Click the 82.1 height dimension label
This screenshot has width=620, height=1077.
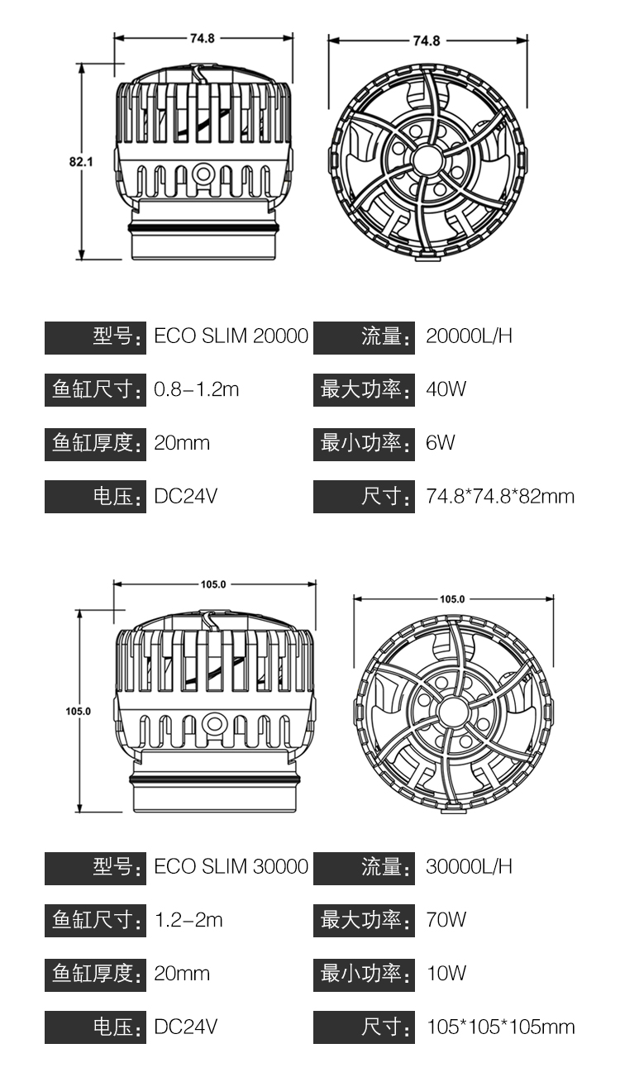(x=80, y=161)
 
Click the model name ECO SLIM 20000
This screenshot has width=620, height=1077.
(x=231, y=336)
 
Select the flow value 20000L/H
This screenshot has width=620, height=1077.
(x=469, y=336)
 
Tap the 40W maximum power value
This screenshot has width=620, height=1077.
(x=446, y=389)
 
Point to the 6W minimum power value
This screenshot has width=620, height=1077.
(x=440, y=443)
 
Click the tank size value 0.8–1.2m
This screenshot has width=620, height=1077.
(x=196, y=389)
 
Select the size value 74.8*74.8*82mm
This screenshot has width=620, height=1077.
(x=500, y=497)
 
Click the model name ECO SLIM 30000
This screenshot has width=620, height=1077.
(x=231, y=866)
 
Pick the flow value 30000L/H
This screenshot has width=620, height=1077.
(x=469, y=866)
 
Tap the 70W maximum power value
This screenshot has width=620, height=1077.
(x=446, y=920)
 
